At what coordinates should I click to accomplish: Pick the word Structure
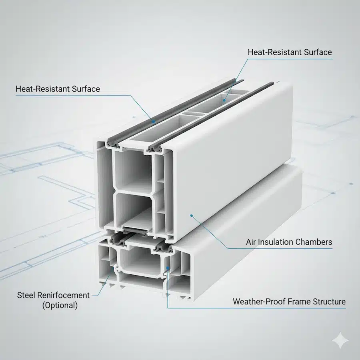330,302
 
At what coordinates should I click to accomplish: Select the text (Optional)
60,305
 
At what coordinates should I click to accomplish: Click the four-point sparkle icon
342,340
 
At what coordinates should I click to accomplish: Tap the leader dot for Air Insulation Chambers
192,216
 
